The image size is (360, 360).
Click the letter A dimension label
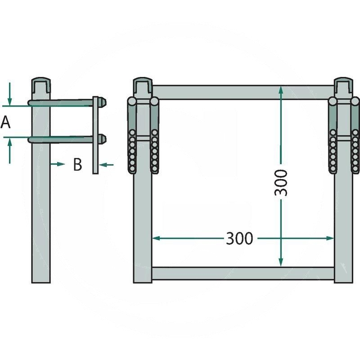click(x=5, y=122)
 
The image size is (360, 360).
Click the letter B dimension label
click(x=78, y=165)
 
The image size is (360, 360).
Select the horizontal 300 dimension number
click(x=239, y=238)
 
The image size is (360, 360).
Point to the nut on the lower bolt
click(x=103, y=139)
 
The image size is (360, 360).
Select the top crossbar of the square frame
click(x=243, y=92)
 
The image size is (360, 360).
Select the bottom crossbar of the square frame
click(x=243, y=273)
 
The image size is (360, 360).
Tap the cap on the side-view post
click(x=41, y=84)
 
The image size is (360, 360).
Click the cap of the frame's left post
click(x=143, y=84)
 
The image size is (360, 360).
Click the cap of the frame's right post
click(x=344, y=84)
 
